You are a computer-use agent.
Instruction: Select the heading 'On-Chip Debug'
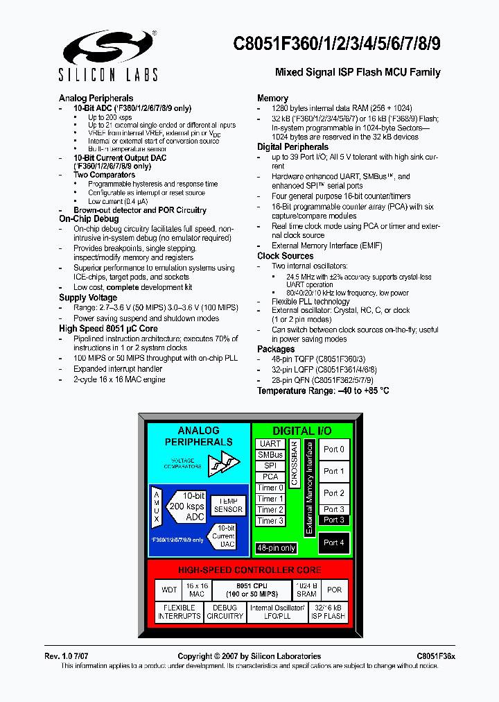(x=89, y=219)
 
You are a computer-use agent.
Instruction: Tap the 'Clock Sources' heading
(x=286, y=256)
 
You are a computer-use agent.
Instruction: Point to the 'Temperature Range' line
(x=323, y=391)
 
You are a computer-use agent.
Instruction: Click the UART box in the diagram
(x=270, y=444)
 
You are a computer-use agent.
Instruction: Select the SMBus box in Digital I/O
(x=270, y=455)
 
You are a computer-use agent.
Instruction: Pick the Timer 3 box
(x=270, y=521)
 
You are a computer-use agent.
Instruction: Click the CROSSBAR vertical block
(x=294, y=463)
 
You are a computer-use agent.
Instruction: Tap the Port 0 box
(x=334, y=450)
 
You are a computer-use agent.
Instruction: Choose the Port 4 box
(x=334, y=542)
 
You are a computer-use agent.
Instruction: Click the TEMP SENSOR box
(x=228, y=505)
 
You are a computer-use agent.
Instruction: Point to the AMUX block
(x=157, y=506)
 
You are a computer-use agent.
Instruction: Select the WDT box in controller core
(x=169, y=590)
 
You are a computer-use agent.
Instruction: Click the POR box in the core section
(x=335, y=590)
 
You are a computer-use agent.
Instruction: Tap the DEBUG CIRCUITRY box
(x=225, y=612)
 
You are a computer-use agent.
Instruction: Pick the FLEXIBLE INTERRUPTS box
(x=180, y=612)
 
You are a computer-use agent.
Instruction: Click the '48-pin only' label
(x=277, y=548)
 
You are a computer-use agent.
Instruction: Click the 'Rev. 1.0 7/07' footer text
(x=69, y=656)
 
